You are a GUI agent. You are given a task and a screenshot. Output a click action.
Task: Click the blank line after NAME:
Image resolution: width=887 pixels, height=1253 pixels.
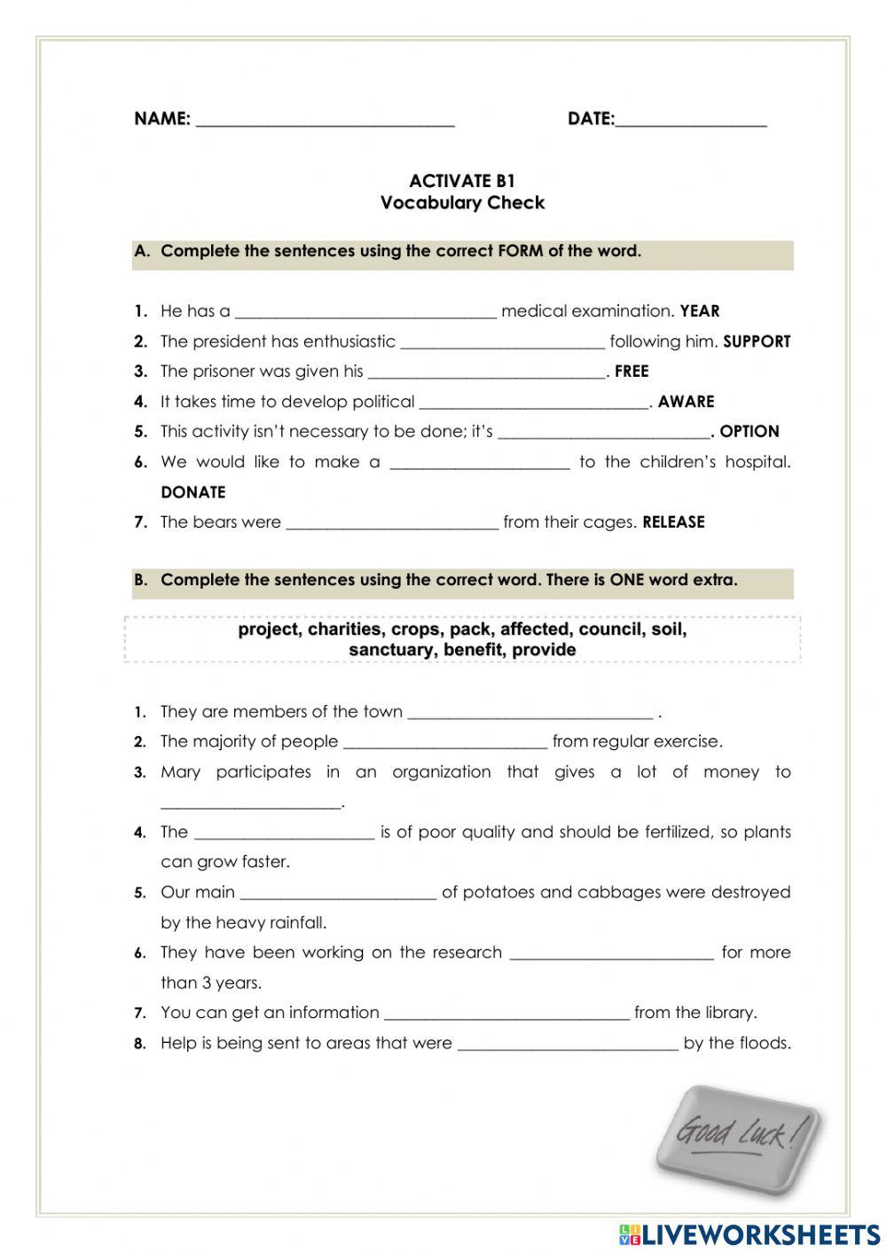coord(325,121)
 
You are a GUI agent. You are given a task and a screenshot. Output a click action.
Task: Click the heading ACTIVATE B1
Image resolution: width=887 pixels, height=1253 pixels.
coord(462,181)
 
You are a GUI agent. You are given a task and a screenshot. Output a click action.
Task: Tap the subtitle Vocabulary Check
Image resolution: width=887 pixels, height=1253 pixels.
coord(462,203)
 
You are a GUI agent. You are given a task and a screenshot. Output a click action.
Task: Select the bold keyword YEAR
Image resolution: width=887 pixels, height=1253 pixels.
coord(700,311)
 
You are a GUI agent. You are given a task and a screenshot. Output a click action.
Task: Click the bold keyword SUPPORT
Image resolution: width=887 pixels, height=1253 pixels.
coord(757,341)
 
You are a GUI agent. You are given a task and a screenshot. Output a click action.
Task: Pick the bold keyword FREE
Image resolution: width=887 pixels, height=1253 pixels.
coord(632,372)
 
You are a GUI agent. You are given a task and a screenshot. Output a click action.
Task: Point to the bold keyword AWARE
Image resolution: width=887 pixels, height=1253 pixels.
coord(686,402)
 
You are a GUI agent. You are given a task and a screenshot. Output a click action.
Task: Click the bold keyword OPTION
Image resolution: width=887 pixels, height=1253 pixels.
coord(750,432)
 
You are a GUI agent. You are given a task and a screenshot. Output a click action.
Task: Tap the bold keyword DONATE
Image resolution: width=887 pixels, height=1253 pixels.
coord(193,492)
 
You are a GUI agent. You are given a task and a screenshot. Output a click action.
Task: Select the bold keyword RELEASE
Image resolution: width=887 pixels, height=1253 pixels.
coord(673,522)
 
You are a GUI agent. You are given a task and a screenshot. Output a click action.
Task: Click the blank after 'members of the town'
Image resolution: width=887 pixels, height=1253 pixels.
coord(530,713)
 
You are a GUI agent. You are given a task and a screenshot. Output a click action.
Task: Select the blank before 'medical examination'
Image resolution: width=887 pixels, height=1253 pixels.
coord(365,312)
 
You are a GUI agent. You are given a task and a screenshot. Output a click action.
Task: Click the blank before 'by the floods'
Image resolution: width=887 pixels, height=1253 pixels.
coord(568,1045)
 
